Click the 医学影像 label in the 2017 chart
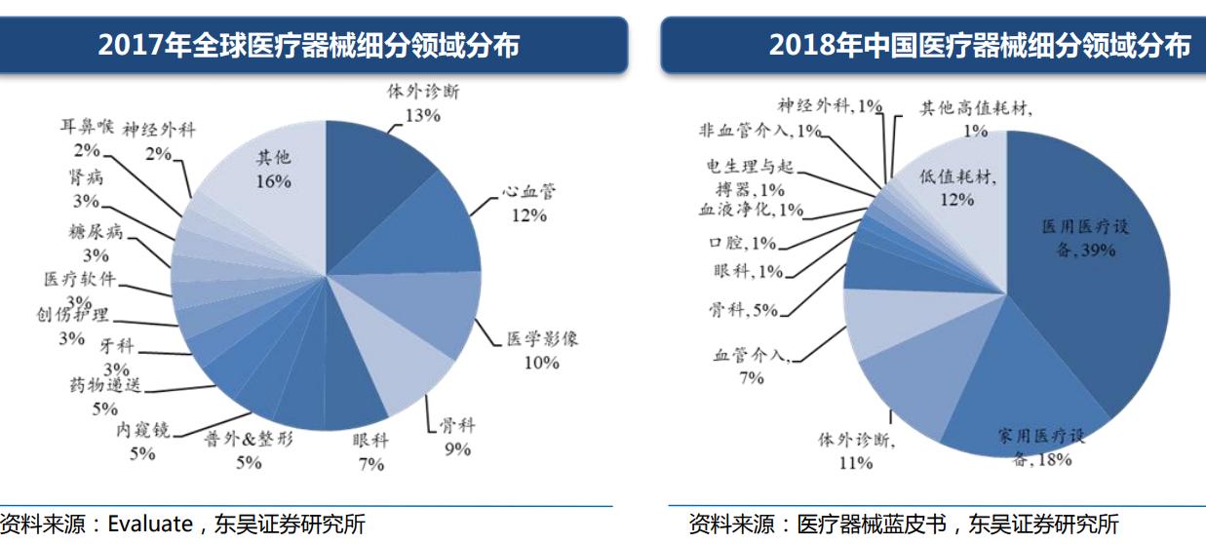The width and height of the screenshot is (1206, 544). (542, 340)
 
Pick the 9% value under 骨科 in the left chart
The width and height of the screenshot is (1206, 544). (456, 449)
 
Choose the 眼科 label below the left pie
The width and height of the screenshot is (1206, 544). (370, 441)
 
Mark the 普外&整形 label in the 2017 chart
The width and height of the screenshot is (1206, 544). (248, 439)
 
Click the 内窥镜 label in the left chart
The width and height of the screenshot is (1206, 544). (142, 430)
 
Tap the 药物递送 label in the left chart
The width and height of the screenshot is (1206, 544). (105, 385)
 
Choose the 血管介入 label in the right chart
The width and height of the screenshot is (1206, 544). (750, 356)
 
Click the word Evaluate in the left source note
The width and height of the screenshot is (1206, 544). (146, 524)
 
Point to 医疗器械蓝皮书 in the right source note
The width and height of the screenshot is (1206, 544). (872, 524)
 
